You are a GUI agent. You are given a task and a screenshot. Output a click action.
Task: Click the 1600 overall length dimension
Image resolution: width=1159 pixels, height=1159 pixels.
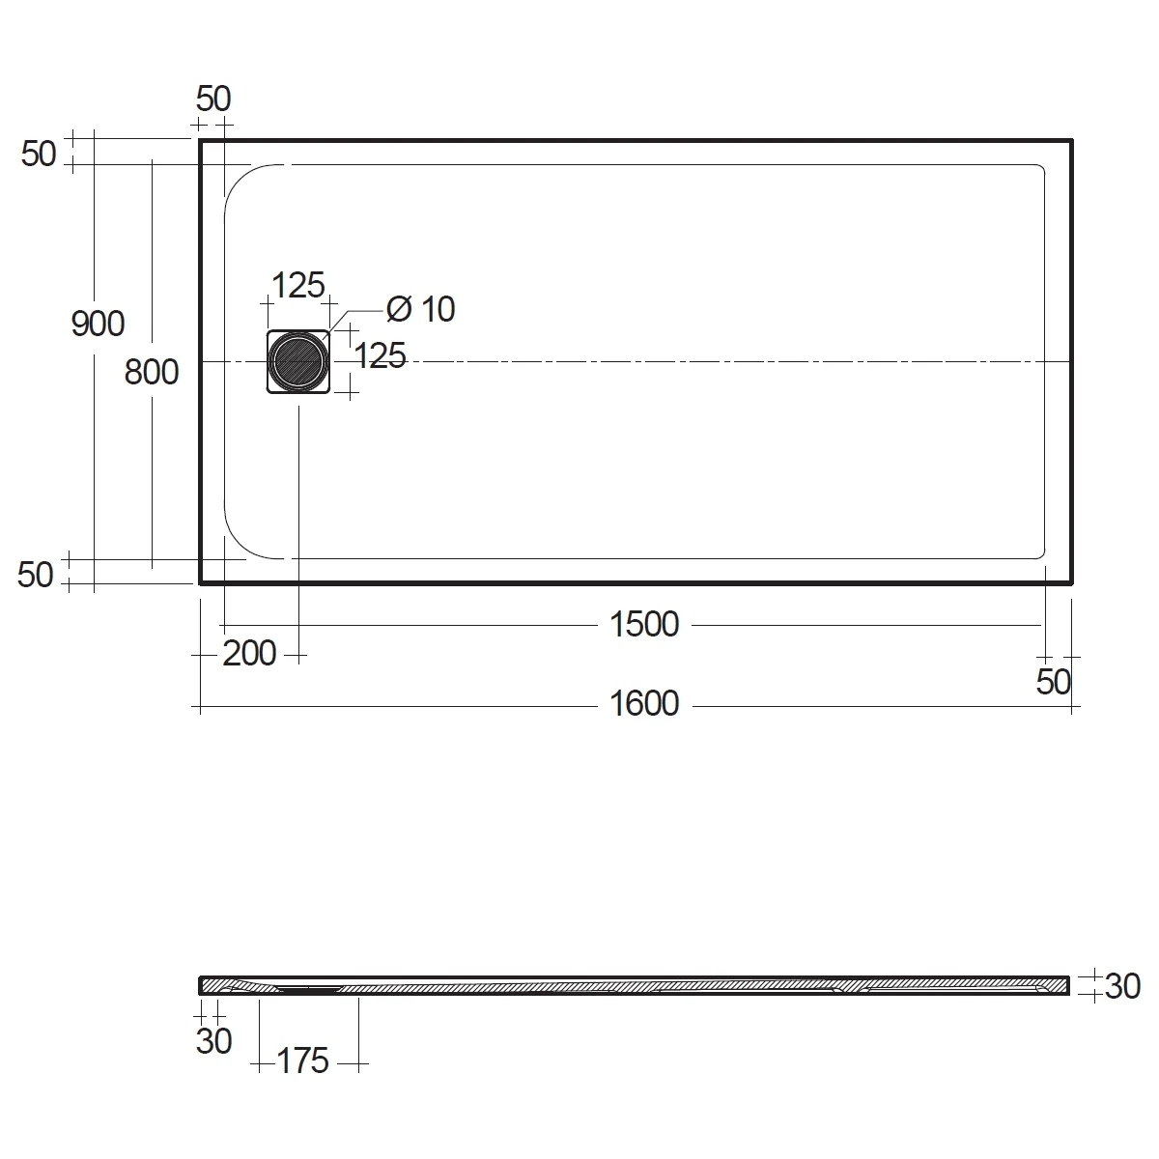644,704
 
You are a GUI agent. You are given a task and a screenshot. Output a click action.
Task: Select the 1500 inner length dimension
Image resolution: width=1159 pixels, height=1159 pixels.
644,625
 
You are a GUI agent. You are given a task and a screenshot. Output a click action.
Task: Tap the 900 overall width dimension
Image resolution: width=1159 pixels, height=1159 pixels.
98,324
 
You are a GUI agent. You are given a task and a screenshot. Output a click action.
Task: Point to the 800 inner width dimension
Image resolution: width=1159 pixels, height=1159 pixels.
152,371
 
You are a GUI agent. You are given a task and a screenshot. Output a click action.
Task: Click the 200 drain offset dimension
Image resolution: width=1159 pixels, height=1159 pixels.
249,654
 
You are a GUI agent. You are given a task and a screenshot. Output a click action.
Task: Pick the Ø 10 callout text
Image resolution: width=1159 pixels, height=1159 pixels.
420,309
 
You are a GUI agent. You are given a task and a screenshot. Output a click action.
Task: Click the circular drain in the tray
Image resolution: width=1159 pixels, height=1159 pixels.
298,362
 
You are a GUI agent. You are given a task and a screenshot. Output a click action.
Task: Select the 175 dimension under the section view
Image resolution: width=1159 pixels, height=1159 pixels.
303,1061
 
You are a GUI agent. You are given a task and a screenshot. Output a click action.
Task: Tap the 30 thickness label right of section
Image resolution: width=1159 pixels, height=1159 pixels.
1122,986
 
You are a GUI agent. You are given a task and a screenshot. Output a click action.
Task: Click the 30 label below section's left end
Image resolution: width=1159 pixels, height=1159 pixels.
213,1041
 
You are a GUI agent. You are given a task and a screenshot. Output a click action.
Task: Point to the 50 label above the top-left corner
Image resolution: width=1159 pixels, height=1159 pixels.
213,99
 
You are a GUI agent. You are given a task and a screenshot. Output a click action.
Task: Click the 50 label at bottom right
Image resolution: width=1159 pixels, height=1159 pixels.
1054,682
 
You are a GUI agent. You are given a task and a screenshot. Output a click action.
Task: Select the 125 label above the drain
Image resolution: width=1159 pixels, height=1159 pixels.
297,285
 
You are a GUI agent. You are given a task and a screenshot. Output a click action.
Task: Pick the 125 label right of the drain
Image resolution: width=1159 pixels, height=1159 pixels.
380,356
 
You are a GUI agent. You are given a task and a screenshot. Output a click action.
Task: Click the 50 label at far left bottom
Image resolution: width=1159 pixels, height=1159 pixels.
36,576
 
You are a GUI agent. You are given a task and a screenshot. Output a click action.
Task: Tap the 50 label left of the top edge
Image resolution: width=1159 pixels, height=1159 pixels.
39,154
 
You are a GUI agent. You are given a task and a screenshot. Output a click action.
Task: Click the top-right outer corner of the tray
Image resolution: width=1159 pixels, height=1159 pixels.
1071,141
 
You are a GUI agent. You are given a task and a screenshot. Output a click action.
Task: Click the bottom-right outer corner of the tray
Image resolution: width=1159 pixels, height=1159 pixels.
1071,583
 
